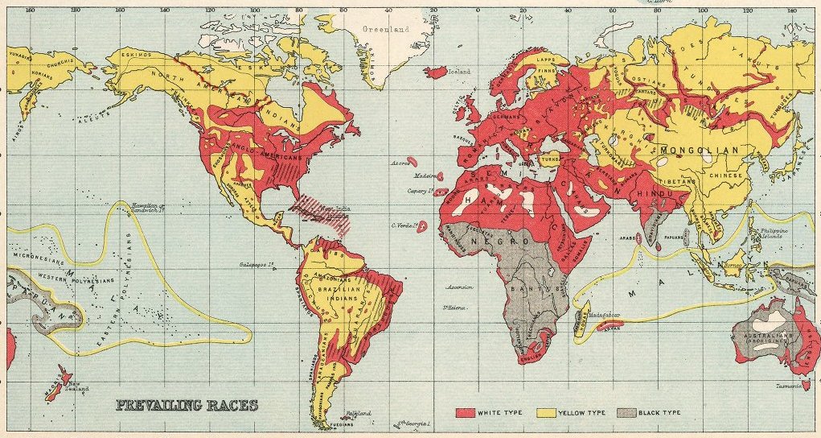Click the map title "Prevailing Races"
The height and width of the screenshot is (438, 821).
tap(187, 405)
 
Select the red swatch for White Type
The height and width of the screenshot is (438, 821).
tap(466, 412)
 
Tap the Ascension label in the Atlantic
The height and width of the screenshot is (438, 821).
tap(458, 287)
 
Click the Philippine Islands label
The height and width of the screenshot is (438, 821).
tap(777, 233)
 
